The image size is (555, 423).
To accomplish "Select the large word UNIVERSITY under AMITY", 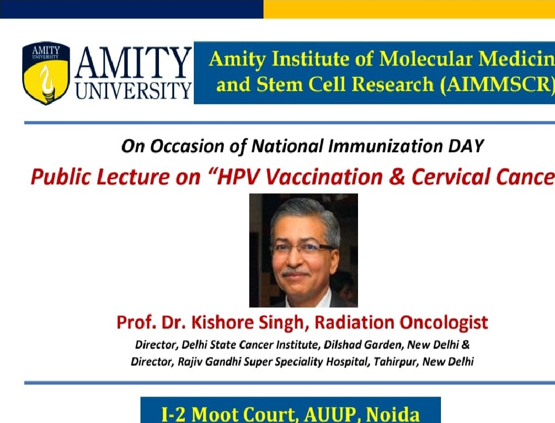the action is (134, 90).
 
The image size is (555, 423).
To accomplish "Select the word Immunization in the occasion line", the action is (385, 146).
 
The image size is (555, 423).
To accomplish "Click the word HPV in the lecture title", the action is (236, 176).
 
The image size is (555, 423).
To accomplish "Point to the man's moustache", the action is (296, 273).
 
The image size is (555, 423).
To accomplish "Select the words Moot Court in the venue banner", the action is (244, 414).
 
